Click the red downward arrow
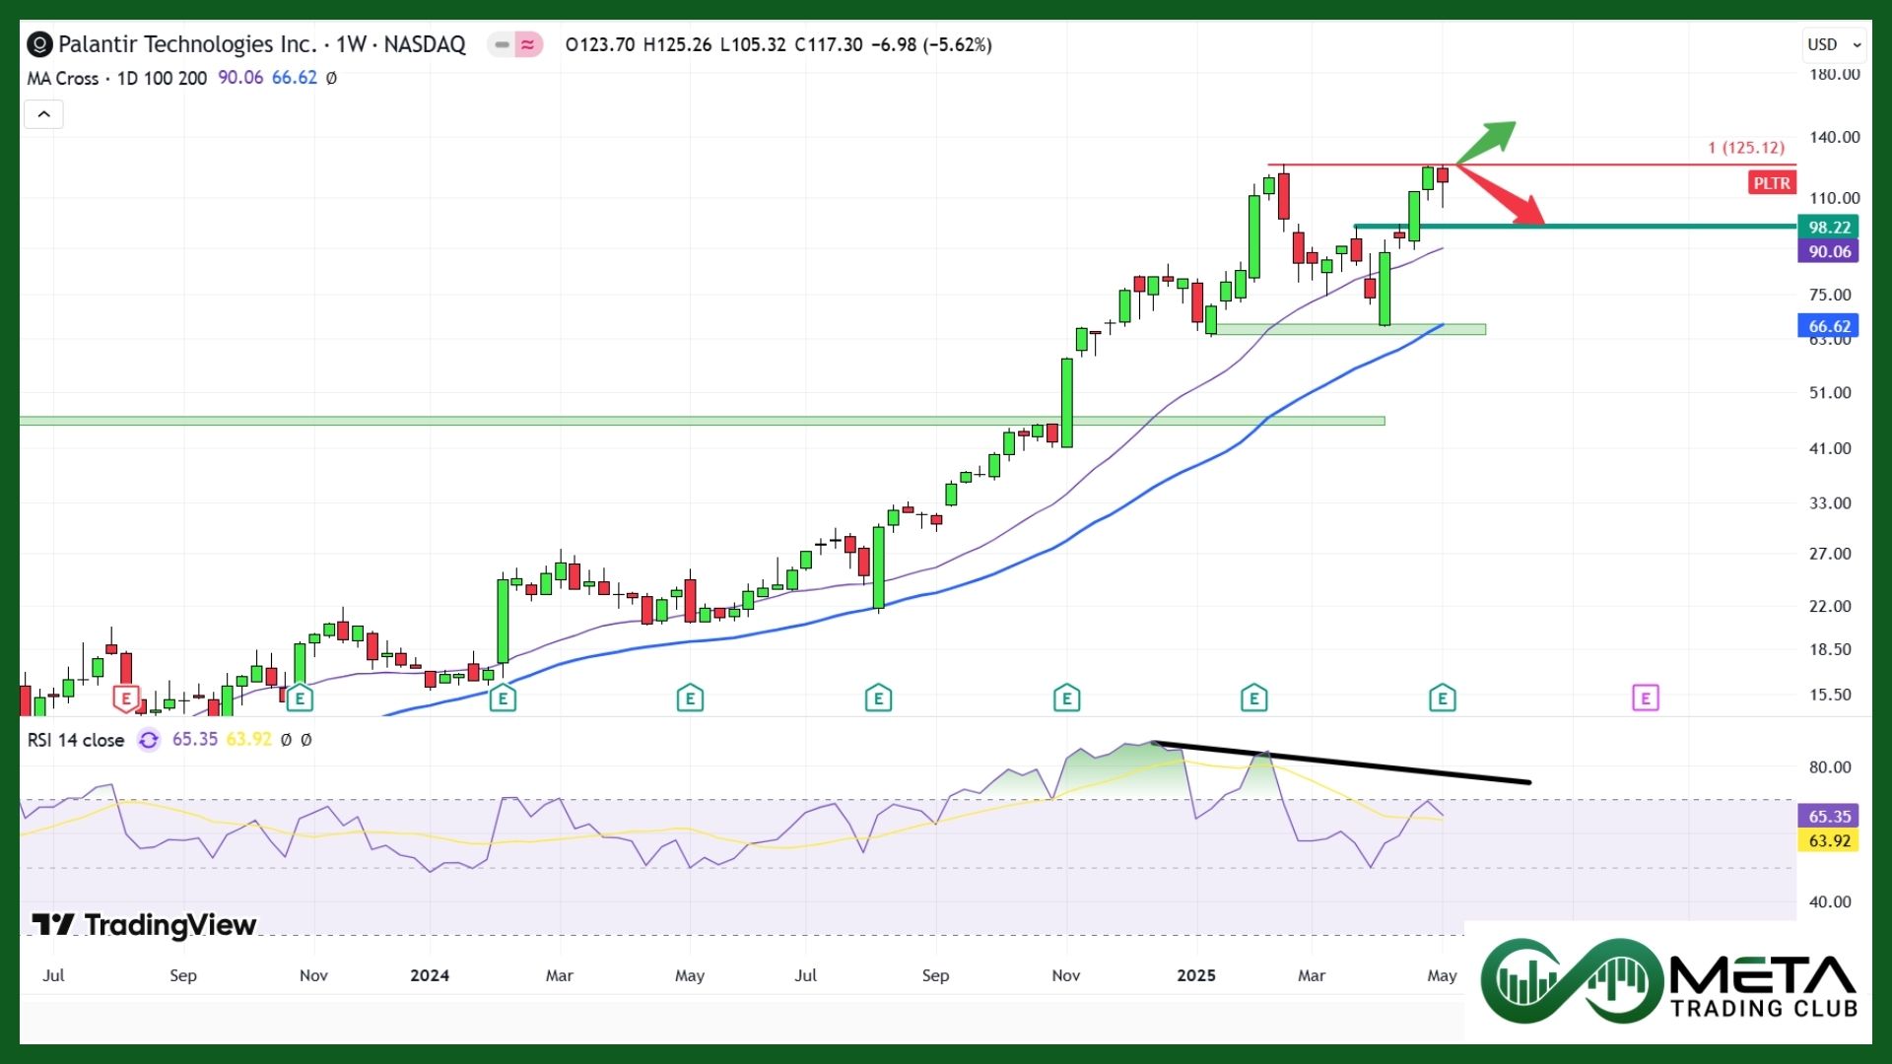1502,195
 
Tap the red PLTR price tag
1771,183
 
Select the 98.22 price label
1829,228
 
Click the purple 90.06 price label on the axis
1829,252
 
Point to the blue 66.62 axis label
1829,326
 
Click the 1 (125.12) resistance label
1746,148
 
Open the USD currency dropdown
1834,44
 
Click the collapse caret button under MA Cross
43,114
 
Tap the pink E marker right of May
1645,698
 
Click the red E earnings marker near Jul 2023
125,698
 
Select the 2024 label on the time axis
430,975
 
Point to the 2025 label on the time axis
1196,975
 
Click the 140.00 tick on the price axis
1834,137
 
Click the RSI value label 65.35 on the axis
1829,817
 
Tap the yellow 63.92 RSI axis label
1829,841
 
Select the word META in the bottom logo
1764,976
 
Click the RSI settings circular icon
149,740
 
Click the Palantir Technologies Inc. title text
187,44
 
